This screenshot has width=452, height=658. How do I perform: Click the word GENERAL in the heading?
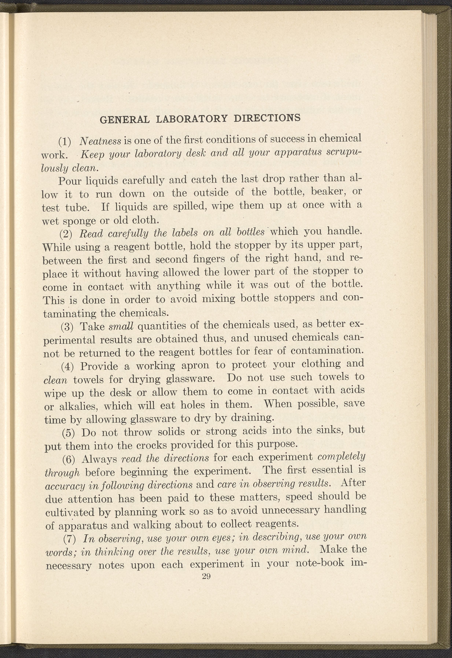pyautogui.click(x=125, y=120)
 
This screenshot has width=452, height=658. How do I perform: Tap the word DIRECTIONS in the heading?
pyautogui.click(x=267, y=118)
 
